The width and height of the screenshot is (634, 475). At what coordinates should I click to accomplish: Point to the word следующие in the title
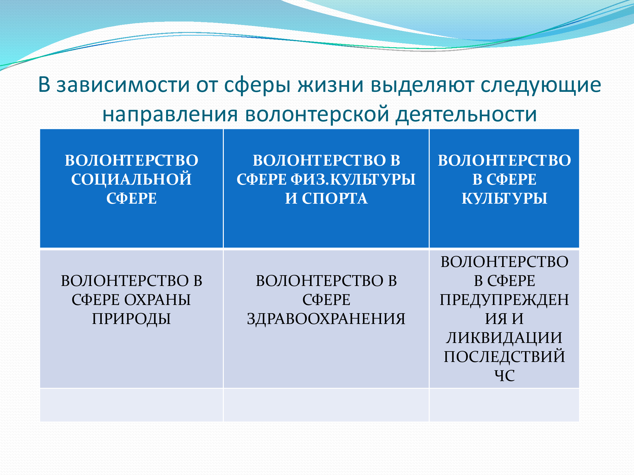click(541, 86)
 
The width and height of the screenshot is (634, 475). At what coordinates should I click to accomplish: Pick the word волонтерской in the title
click(317, 114)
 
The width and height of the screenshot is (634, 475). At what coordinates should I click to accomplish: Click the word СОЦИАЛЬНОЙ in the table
click(132, 180)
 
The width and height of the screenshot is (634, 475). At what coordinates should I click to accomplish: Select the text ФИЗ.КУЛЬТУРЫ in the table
click(353, 180)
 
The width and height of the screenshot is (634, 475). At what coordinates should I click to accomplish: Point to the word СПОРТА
click(335, 199)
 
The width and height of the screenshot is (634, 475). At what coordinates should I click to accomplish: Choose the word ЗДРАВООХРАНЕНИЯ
click(326, 319)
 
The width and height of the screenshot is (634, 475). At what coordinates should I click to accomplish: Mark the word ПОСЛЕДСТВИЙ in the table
click(504, 357)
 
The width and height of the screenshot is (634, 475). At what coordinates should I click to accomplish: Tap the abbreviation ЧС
click(504, 376)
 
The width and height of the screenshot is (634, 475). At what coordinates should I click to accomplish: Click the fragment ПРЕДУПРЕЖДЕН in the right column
click(504, 300)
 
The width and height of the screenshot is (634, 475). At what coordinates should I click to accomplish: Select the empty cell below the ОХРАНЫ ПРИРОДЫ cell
click(132, 405)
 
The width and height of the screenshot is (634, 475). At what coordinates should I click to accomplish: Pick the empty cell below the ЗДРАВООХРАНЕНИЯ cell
click(326, 405)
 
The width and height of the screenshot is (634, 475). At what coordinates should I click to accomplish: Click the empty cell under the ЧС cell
click(504, 405)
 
